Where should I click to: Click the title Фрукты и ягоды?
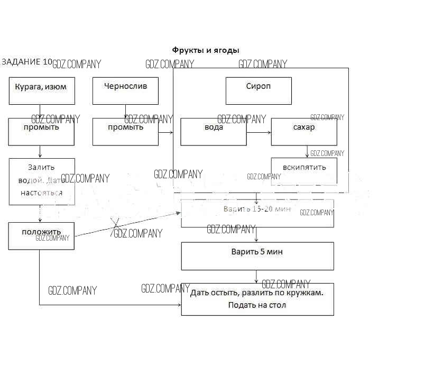click(x=206, y=50)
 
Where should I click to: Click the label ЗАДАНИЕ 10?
click(x=27, y=62)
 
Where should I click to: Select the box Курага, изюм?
click(x=42, y=90)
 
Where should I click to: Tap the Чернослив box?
click(x=125, y=90)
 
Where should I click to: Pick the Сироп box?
click(x=258, y=90)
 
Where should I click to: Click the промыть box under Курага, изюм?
click(x=41, y=132)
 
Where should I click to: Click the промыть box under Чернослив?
click(x=125, y=132)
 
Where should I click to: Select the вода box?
click(x=214, y=132)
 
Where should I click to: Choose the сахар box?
click(x=304, y=132)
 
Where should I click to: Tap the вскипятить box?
click(x=304, y=171)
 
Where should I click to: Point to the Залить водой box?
click(x=42, y=181)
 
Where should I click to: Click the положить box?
click(x=41, y=236)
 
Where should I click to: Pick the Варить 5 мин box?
click(x=257, y=256)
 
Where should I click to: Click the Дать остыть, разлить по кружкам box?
click(x=257, y=299)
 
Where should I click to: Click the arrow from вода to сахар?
click(x=258, y=132)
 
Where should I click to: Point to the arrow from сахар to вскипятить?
click(x=307, y=151)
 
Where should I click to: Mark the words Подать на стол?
click(x=257, y=305)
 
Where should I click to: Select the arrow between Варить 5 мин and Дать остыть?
click(x=257, y=277)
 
